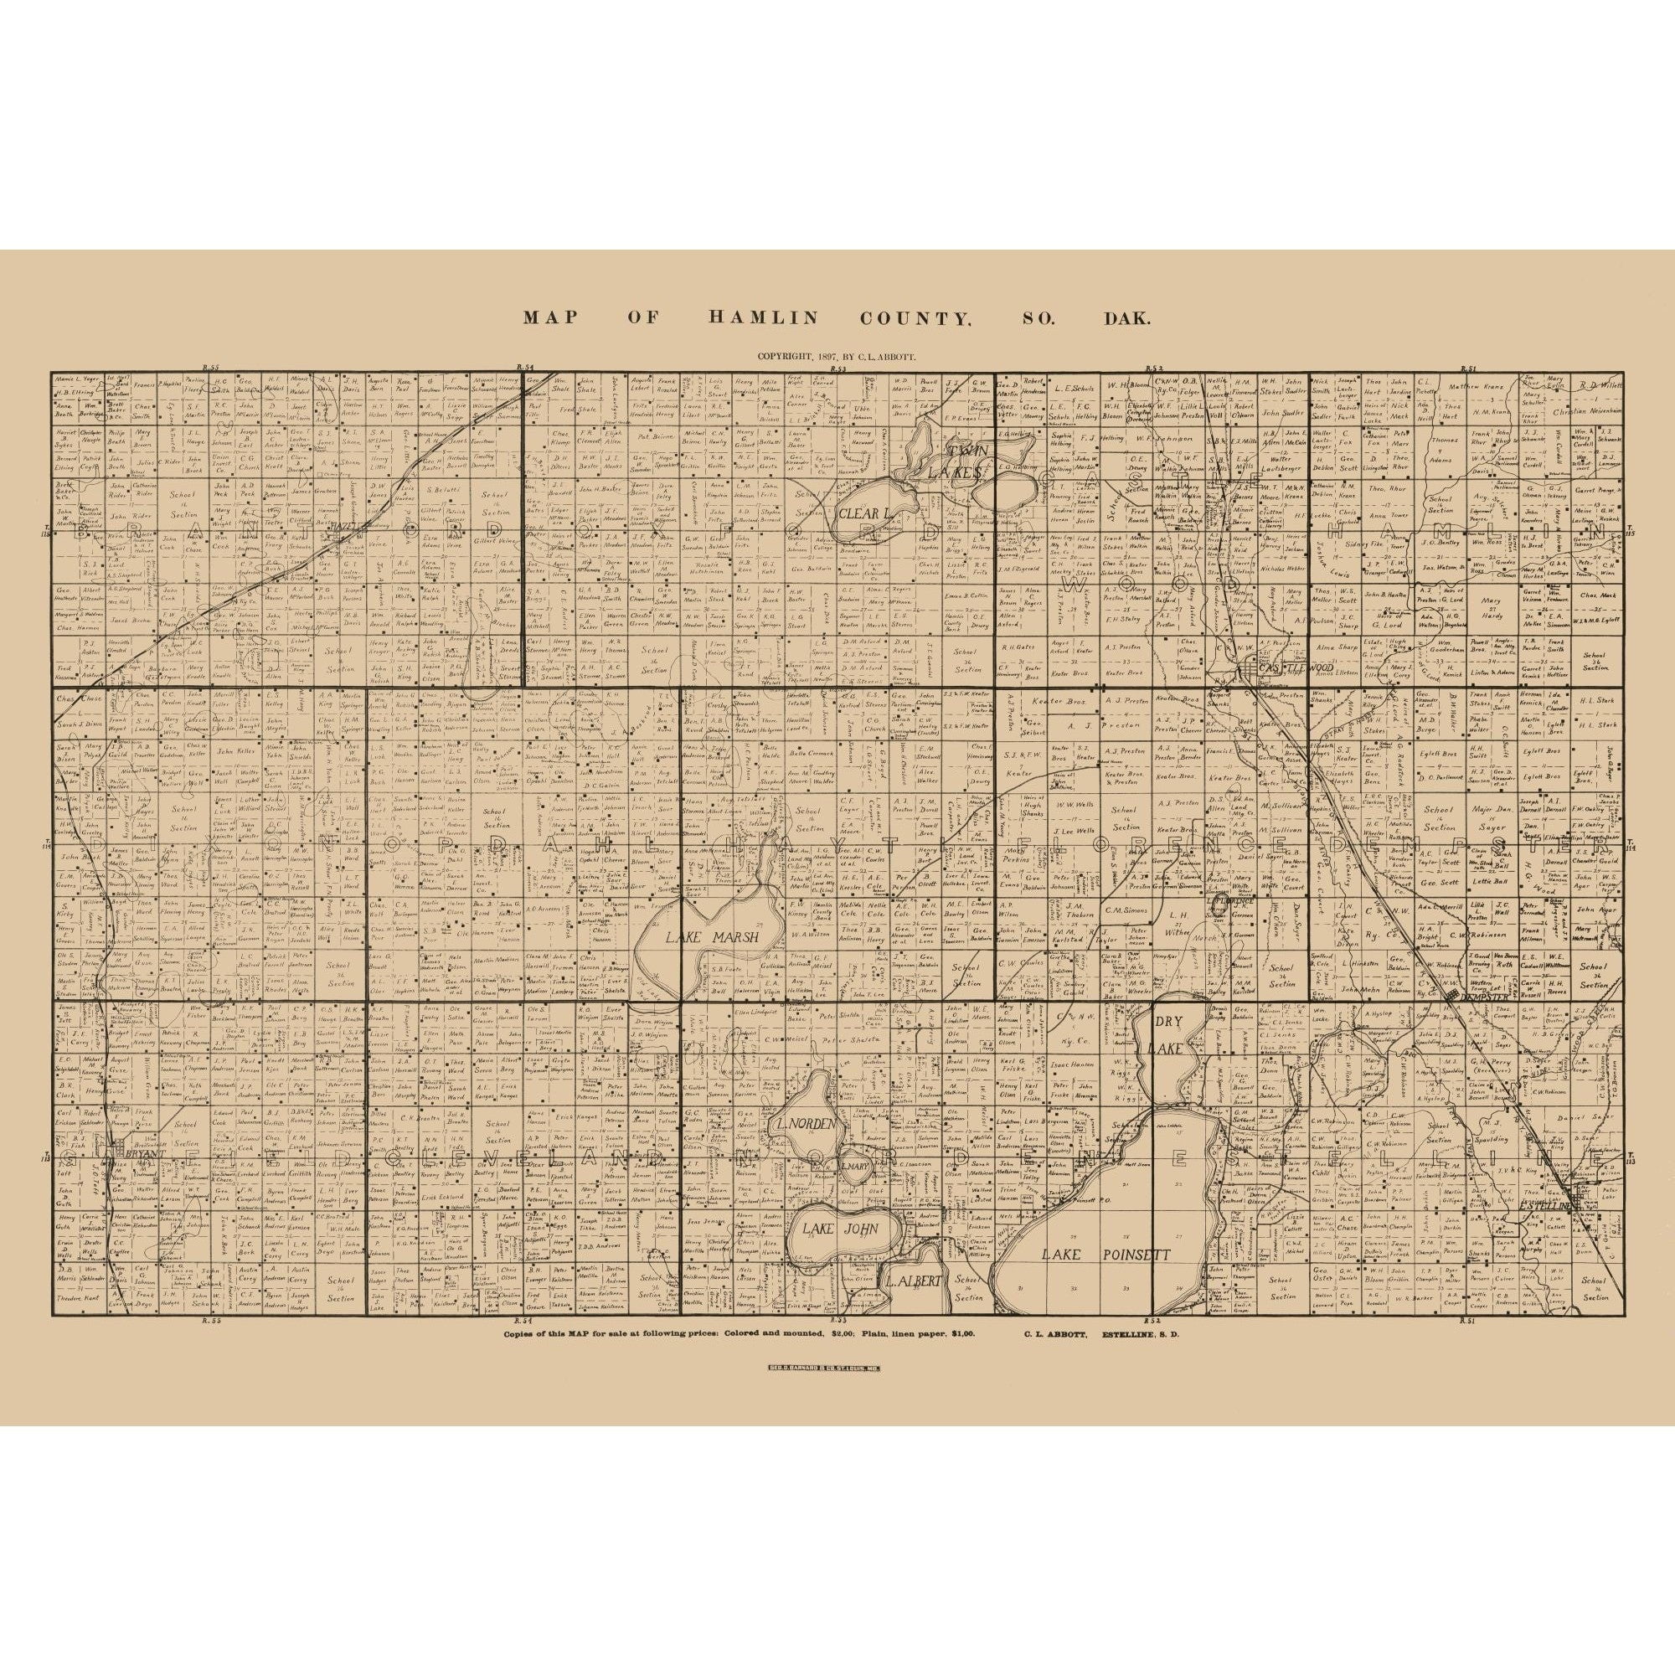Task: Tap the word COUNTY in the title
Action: pos(914,318)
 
